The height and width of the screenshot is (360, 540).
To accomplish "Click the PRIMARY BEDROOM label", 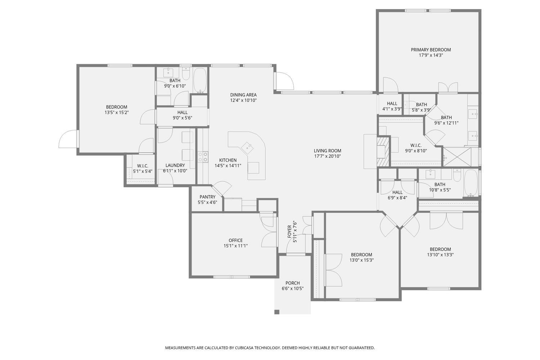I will click(431, 50).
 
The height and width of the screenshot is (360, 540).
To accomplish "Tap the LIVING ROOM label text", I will click(327, 151).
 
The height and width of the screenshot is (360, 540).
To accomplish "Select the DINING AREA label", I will click(243, 95).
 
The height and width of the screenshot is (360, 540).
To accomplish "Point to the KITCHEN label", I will click(228, 160).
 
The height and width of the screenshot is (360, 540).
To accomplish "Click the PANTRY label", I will click(207, 197).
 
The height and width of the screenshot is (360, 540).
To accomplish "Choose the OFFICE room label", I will click(235, 240).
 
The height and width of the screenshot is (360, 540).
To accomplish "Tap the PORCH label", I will click(292, 283).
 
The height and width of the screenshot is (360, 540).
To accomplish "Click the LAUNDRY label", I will click(175, 166).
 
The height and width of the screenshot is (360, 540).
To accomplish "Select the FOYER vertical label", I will click(289, 231).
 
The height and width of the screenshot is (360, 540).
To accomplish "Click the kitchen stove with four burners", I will click(203, 157).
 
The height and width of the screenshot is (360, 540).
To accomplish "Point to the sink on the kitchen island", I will click(248, 147).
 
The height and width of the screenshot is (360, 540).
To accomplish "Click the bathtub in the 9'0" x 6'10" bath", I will click(200, 81).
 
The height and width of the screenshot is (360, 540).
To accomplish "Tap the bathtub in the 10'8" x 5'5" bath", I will click(471, 183).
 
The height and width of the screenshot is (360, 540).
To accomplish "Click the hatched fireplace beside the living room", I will click(383, 151).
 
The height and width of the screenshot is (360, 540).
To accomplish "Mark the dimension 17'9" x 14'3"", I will click(431, 55).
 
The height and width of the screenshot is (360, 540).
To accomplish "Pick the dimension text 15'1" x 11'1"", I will click(235, 246).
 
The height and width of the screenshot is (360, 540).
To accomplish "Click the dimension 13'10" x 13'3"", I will click(440, 255).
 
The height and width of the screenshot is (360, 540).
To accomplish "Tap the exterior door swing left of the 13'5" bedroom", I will click(67, 140).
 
